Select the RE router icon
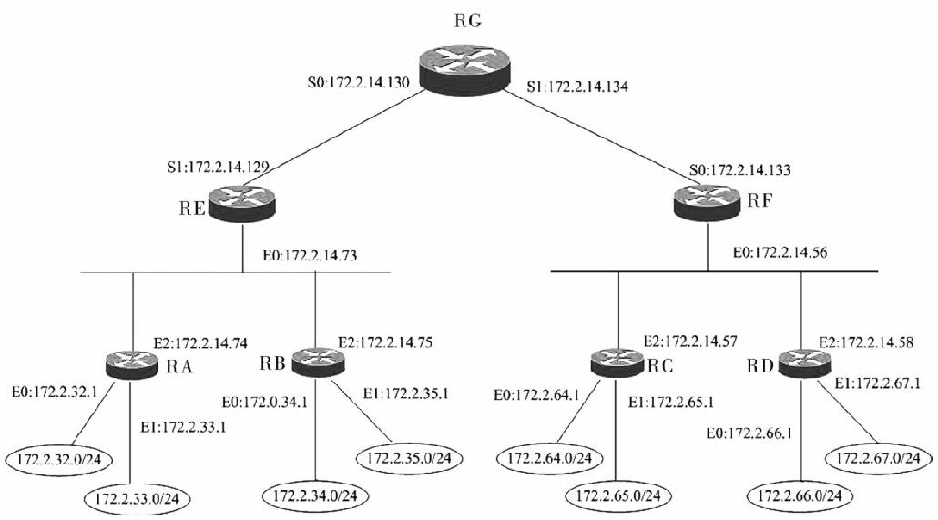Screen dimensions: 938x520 coord(242,203)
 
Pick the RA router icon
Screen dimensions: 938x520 coord(131,362)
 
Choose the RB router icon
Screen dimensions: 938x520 coord(318,362)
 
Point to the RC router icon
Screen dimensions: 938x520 coord(617,362)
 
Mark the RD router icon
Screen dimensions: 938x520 coord(802,362)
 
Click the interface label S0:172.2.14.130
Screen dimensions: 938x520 coord(358,83)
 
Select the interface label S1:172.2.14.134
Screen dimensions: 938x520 coord(577,87)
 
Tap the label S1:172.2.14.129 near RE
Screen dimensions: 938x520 coord(218,167)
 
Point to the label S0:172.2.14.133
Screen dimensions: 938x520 coord(740,170)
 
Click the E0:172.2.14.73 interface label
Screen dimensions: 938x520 coord(310,256)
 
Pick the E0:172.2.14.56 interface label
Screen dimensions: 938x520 coord(780,252)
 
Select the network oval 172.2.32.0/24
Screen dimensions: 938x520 coord(61,460)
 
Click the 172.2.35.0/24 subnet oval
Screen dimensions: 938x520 coord(410,458)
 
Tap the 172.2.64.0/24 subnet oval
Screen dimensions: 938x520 coord(550,458)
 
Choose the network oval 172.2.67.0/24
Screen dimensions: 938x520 coord(878,458)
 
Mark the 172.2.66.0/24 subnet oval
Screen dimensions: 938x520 coord(800,495)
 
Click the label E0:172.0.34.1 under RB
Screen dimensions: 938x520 coord(264,403)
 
